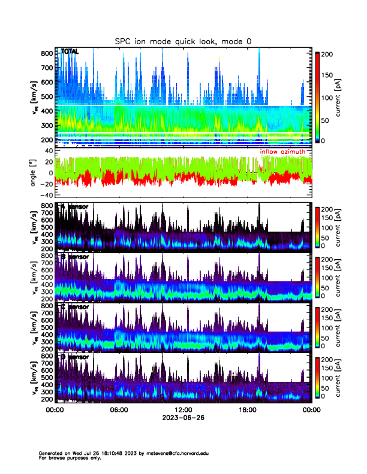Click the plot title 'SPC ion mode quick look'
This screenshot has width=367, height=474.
click(183, 41)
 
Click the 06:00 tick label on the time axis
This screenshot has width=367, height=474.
click(119, 410)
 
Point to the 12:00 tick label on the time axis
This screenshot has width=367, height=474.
click(183, 410)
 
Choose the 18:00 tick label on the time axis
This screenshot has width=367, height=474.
click(247, 410)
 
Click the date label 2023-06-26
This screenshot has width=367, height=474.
click(183, 418)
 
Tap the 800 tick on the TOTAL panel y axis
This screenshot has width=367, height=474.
click(48, 54)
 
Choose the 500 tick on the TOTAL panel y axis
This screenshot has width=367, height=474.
click(48, 97)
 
